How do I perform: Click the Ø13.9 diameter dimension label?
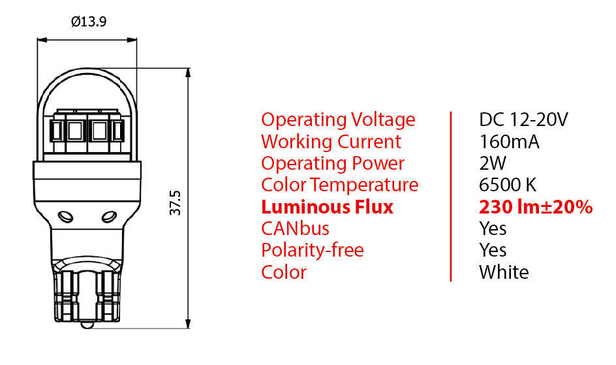click(x=89, y=22)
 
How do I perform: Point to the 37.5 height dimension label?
click(x=174, y=203)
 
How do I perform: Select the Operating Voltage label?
click(x=337, y=120)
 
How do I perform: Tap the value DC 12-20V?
click(x=523, y=120)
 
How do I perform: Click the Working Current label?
click(x=331, y=142)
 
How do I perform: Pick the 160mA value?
click(x=509, y=142)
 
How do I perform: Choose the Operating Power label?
click(x=332, y=163)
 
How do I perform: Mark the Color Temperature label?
click(x=339, y=185)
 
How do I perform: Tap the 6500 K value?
click(x=508, y=185)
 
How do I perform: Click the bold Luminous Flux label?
click(x=327, y=207)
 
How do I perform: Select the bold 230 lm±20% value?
click(x=536, y=207)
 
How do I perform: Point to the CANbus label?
click(x=295, y=229)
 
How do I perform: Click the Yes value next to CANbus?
click(x=493, y=229)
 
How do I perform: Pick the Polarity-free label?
click(x=312, y=250)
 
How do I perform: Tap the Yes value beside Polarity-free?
click(x=493, y=250)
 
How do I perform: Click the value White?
click(x=504, y=272)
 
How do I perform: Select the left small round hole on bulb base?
click(x=64, y=216)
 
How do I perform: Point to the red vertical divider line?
click(x=450, y=196)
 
